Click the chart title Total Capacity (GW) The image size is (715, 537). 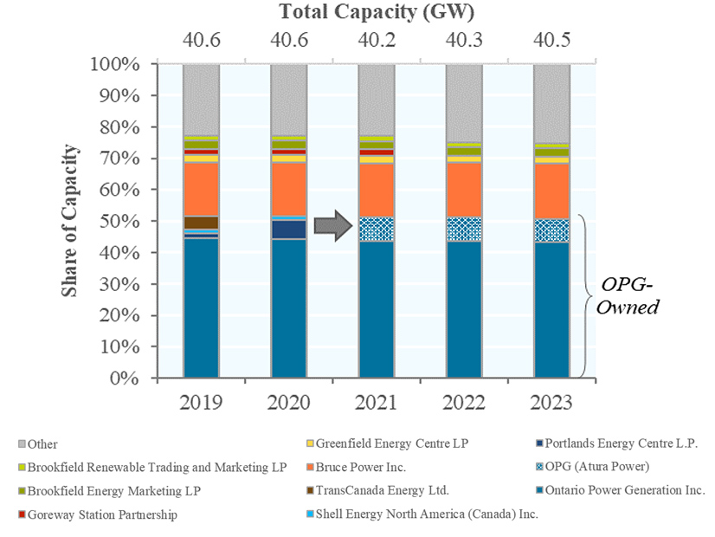tap(377, 12)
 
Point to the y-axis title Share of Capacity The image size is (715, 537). tap(71, 221)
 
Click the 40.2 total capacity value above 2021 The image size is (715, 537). tap(377, 39)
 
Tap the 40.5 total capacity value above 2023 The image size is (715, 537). tap(551, 39)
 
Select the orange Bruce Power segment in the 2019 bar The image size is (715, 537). tap(202, 189)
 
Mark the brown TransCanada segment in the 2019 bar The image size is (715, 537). tap(202, 223)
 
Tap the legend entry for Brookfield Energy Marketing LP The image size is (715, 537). tap(112, 491)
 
